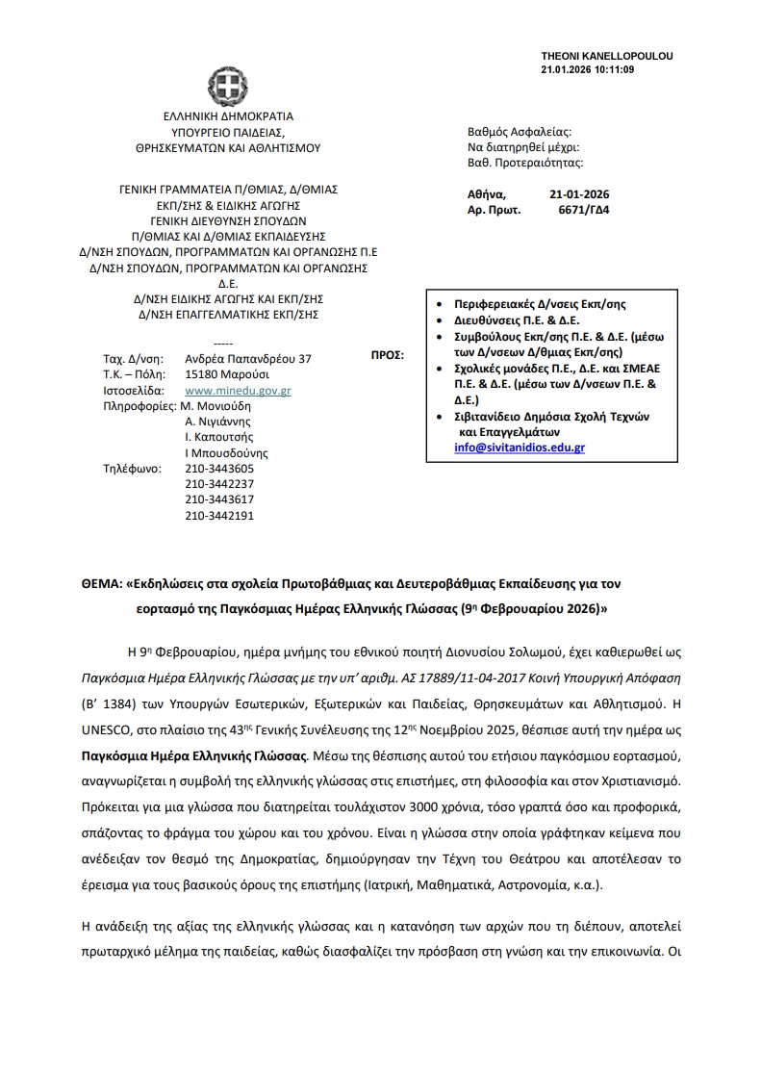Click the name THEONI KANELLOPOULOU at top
607,56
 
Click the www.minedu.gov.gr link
238,391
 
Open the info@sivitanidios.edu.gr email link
520,448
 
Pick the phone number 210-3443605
219,470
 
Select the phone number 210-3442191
219,516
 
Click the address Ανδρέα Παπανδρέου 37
248,358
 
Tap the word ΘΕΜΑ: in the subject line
101,584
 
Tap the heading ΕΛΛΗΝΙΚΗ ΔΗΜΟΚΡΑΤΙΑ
228,116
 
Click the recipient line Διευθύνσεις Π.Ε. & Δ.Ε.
521,320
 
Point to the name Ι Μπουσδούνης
226,453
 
